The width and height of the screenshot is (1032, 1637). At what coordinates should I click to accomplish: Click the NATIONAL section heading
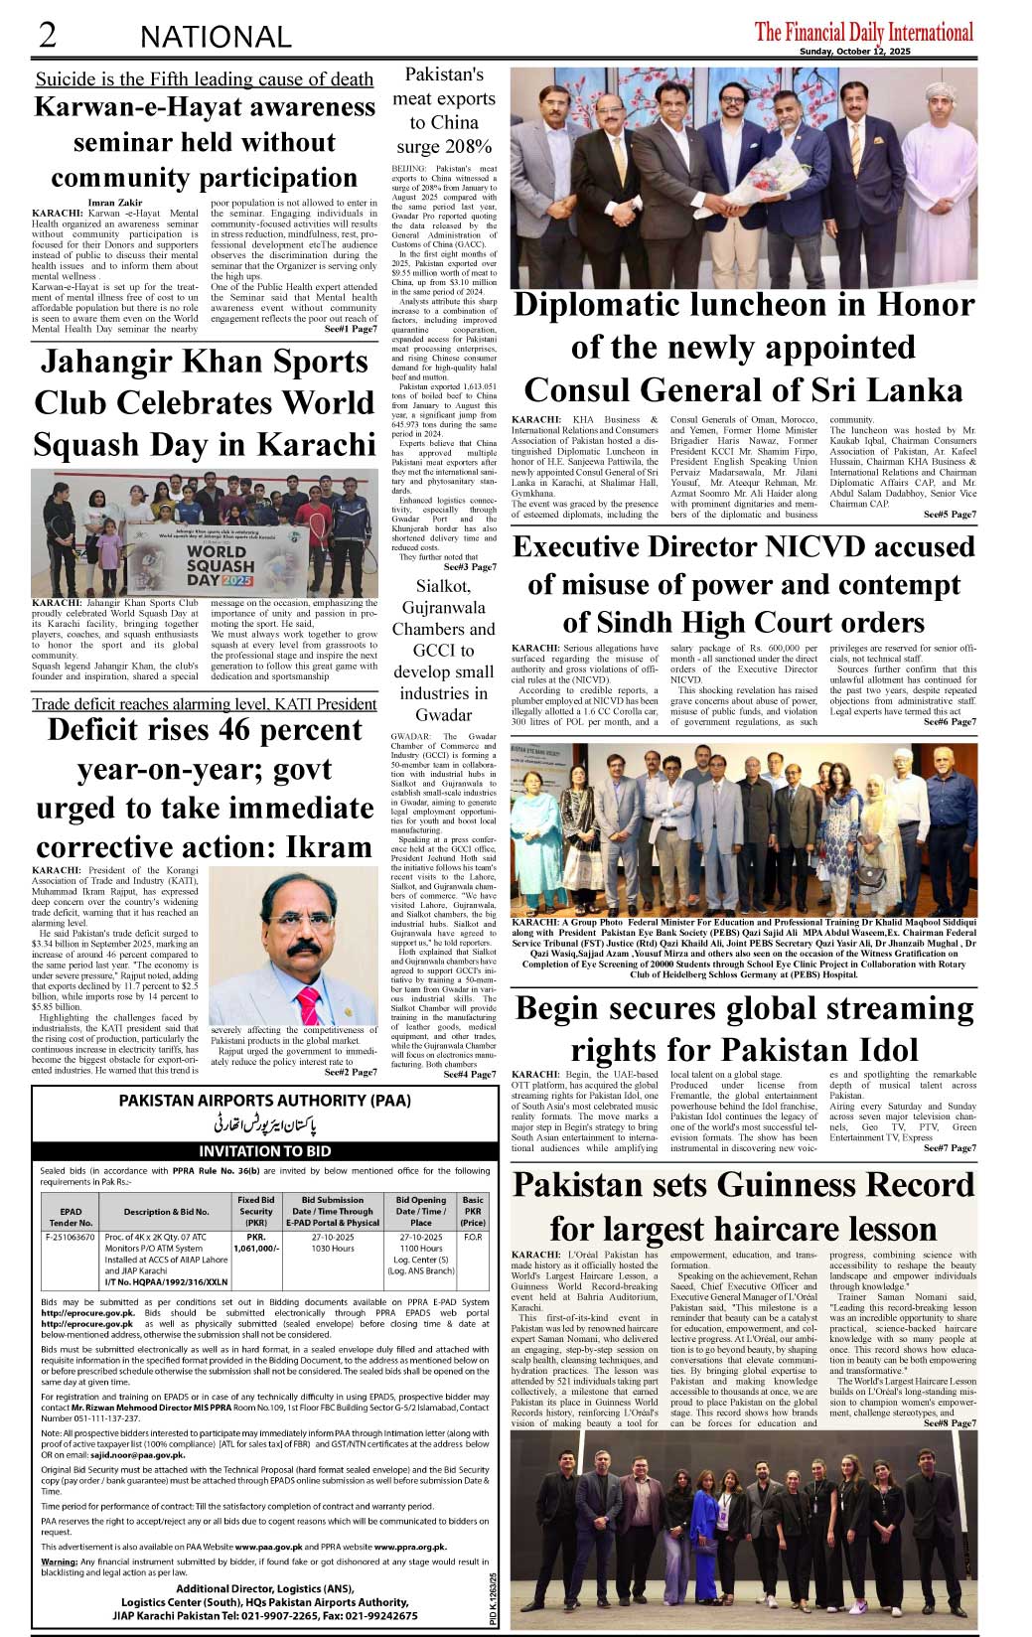click(x=216, y=38)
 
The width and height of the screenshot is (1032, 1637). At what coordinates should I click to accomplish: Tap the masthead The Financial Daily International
click(x=863, y=32)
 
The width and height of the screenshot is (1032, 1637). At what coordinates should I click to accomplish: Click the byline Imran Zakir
click(x=115, y=203)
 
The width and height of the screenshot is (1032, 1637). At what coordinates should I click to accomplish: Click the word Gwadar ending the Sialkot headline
click(x=443, y=715)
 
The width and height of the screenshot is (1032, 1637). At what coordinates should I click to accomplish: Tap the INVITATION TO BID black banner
click(x=264, y=1151)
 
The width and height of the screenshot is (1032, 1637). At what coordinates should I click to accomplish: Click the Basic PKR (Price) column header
click(x=473, y=1210)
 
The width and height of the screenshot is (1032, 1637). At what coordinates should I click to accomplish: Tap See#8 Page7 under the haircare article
click(x=950, y=1423)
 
